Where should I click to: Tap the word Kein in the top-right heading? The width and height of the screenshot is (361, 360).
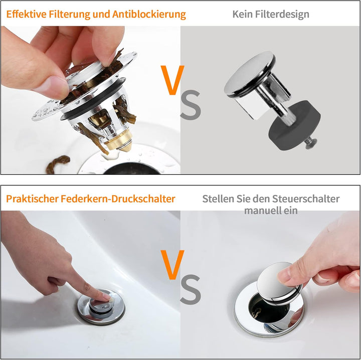pyautogui.click(x=242, y=14)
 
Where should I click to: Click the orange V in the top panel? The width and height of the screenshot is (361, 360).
pyautogui.click(x=171, y=80)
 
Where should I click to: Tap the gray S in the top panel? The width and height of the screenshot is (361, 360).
pyautogui.click(x=190, y=105)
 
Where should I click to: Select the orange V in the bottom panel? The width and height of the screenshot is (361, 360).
pyautogui.click(x=171, y=265)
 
